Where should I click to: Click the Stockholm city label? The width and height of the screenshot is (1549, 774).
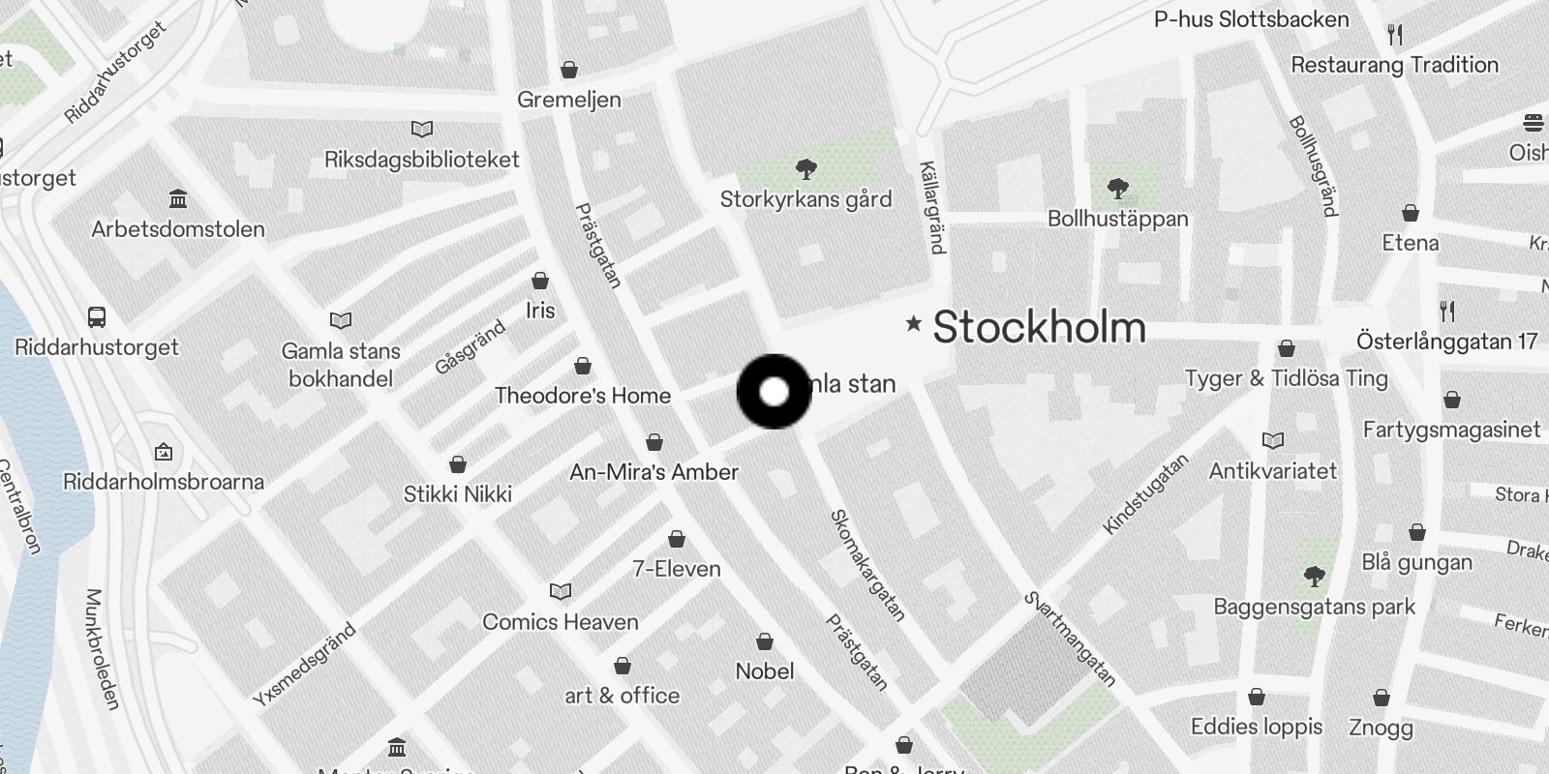coord(1039,327)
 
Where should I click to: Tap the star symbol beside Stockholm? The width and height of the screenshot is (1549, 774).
coord(913,323)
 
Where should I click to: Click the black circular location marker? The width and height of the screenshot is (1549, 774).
coord(774,392)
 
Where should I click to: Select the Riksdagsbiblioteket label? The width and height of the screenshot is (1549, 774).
coord(421,160)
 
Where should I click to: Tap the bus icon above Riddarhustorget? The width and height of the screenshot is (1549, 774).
coord(97,316)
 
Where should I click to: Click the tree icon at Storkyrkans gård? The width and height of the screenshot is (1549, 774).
coord(805,170)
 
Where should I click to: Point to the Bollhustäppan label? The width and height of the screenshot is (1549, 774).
coord(1117,219)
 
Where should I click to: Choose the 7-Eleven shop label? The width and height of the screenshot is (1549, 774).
coord(676,569)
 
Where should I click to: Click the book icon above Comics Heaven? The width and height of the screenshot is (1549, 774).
coord(561,591)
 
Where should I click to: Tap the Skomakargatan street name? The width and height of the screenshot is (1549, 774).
coord(867,566)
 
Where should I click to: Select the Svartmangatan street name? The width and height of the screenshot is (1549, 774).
coord(1070,639)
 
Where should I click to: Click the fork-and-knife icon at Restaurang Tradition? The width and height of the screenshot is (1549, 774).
coord(1395,35)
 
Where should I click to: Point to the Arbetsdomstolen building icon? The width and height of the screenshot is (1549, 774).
coord(178,199)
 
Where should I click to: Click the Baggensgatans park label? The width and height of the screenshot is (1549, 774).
coord(1314,607)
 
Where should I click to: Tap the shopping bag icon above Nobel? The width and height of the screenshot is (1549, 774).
coord(765,641)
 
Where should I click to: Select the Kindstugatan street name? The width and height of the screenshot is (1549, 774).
coord(1145,494)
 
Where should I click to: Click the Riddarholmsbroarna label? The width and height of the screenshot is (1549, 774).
coord(163,482)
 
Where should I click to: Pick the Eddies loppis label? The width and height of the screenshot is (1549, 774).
coord(1256,727)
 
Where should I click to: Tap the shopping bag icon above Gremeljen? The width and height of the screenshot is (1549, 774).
coord(569,70)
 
